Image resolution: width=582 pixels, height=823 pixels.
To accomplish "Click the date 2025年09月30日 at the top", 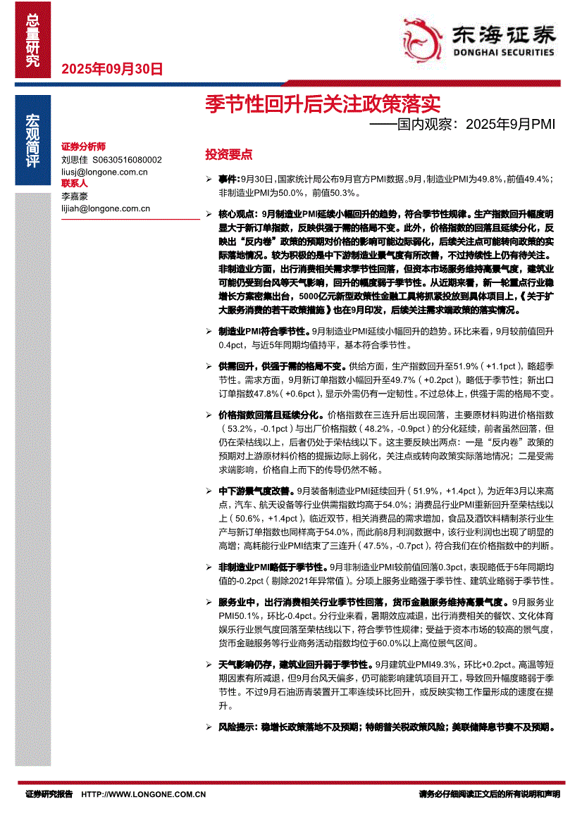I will click(113, 69).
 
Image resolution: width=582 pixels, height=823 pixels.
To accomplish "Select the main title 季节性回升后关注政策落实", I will click(322, 104).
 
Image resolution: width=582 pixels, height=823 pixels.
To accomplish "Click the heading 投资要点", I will click(228, 155).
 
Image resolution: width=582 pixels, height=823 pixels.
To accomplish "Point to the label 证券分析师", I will click(83, 147).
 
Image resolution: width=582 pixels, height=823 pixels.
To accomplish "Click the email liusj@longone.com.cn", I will click(104, 172).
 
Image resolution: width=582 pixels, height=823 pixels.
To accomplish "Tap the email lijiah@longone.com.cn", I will click(106, 208).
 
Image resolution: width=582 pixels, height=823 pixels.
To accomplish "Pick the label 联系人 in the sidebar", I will click(75, 184).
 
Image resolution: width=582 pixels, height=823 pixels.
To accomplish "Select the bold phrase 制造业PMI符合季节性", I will click(261, 330).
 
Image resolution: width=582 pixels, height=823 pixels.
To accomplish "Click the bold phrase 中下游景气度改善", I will click(256, 491).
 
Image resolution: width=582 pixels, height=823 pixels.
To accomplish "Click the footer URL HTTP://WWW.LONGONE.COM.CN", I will click(144, 794).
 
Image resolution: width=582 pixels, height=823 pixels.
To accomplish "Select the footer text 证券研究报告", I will click(49, 794).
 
